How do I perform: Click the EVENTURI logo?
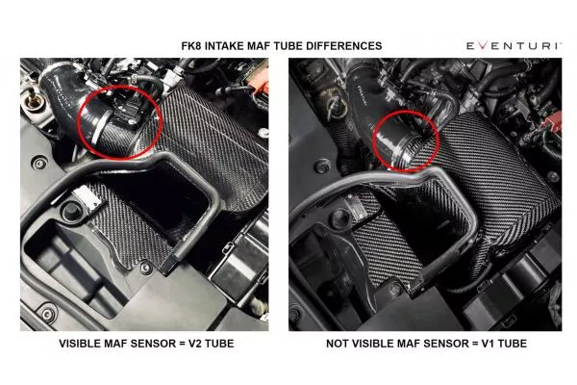point(512,45)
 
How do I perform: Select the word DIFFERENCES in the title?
point(343,45)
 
